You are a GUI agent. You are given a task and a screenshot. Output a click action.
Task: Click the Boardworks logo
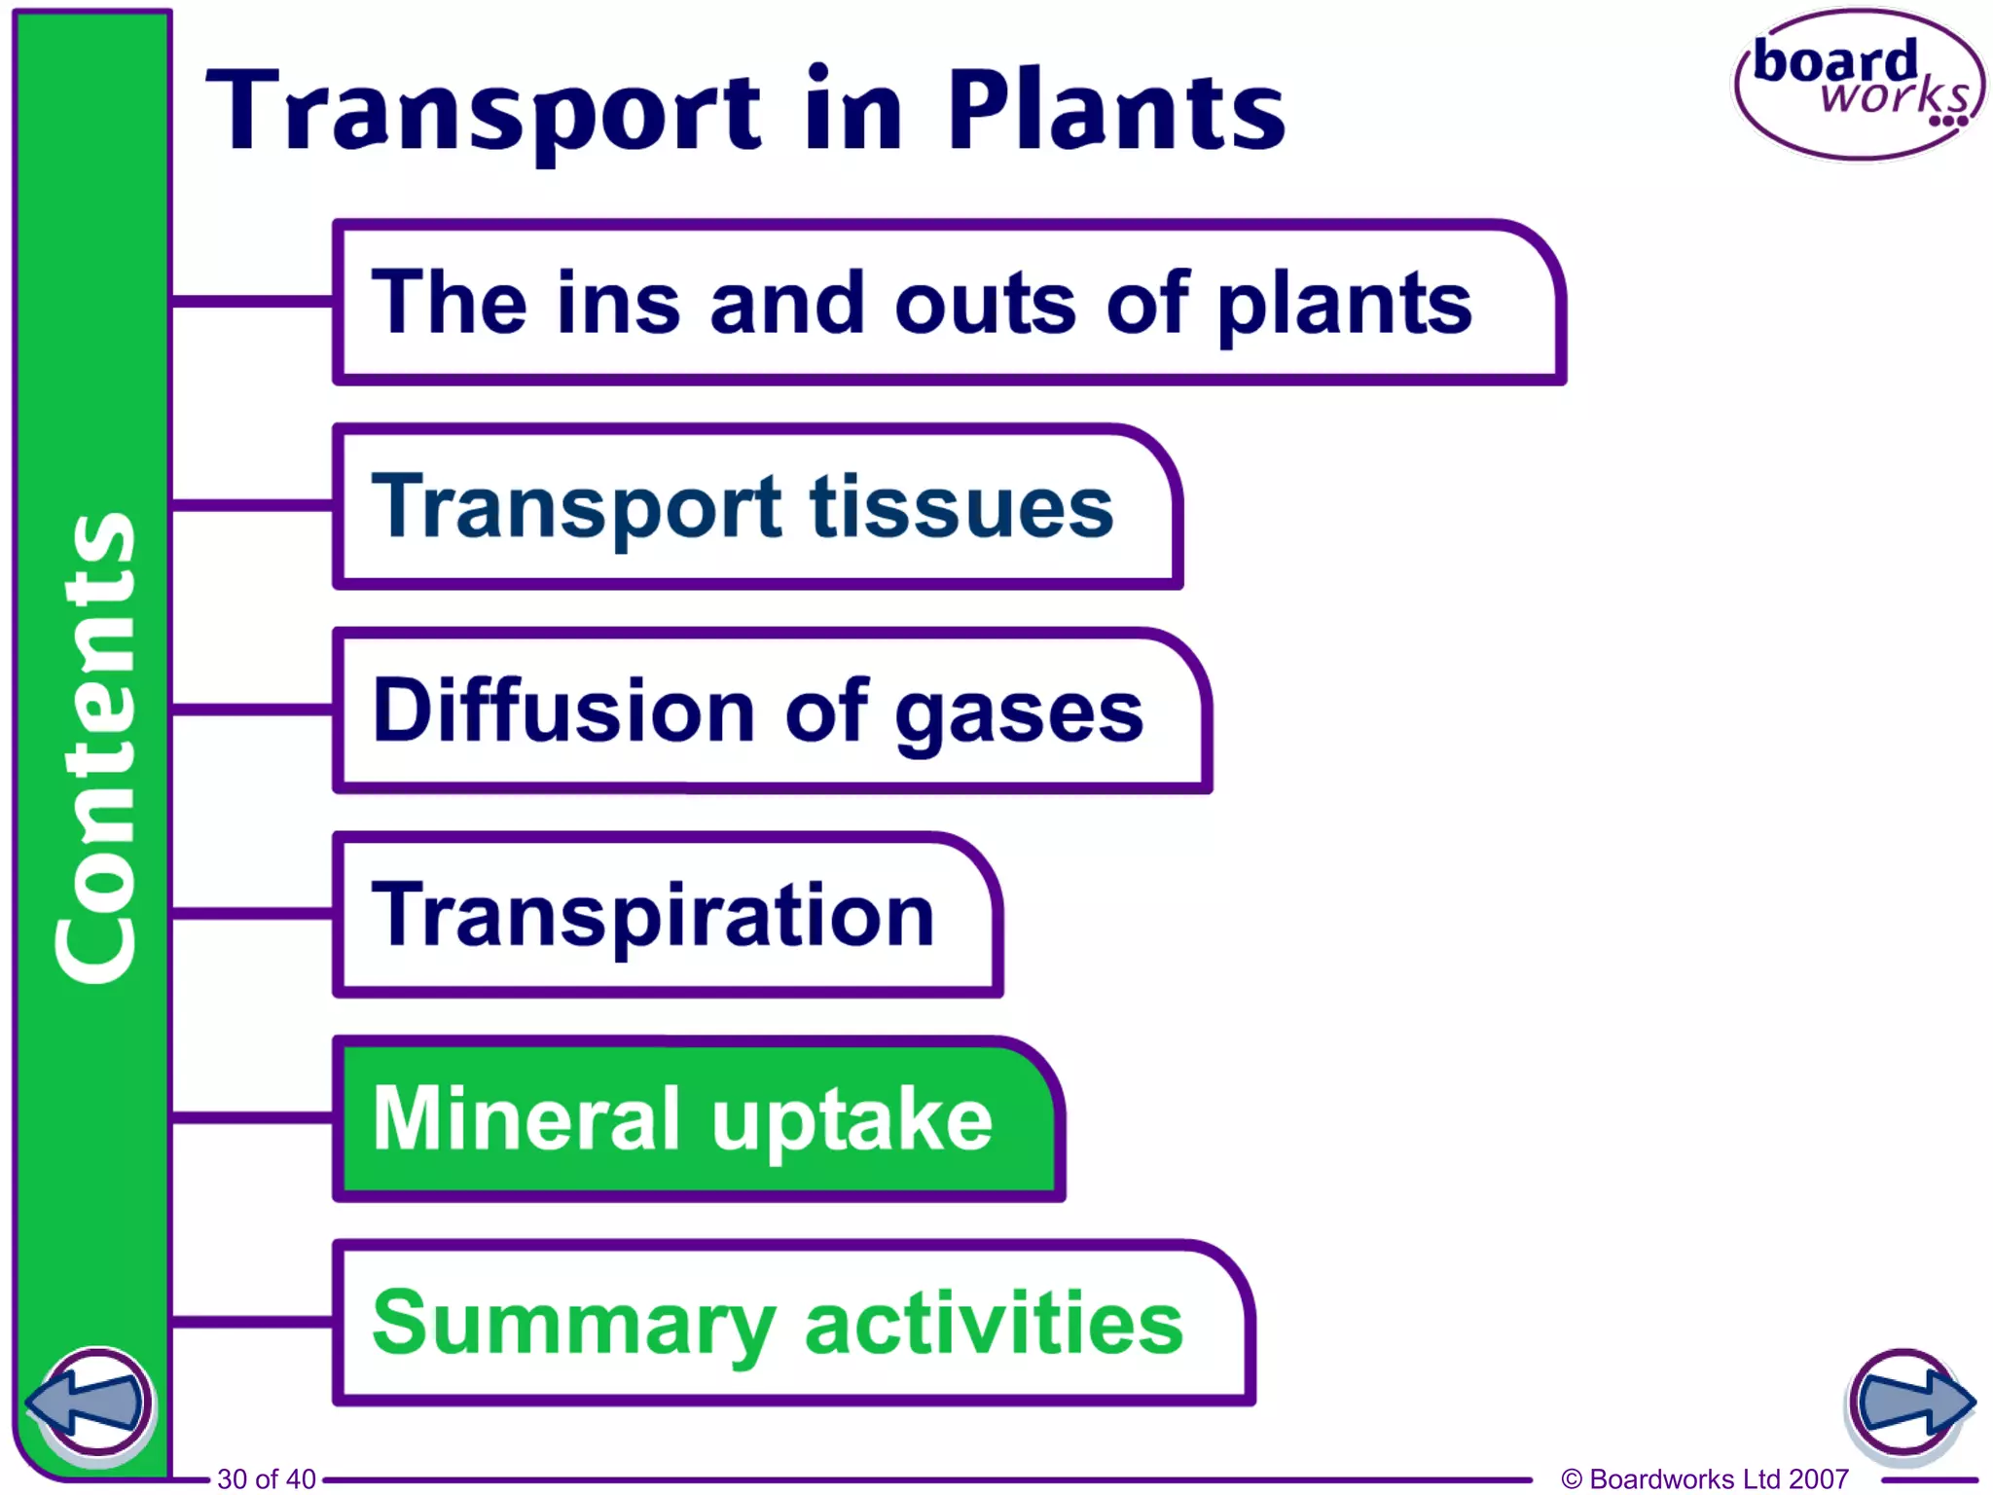coord(1859,86)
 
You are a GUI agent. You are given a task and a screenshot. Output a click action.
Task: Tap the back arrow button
coord(90,1402)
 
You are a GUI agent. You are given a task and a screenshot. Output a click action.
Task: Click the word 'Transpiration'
coord(653,915)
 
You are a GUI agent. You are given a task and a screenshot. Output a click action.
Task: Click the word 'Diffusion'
coord(563,711)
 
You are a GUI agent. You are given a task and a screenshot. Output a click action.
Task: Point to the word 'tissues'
coord(961,506)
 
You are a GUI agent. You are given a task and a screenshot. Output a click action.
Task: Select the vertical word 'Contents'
coord(94,747)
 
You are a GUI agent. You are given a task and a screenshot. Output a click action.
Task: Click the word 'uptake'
coord(852,1119)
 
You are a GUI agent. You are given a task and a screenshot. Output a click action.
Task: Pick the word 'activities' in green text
coord(994,1324)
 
